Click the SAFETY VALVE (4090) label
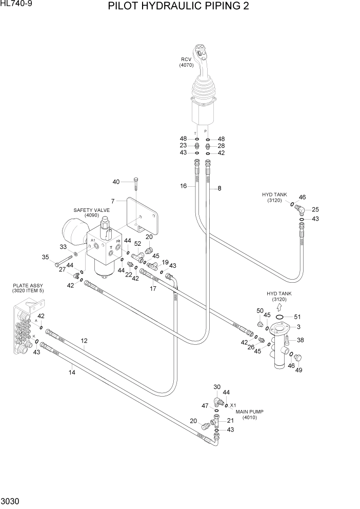(88, 212)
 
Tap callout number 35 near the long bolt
(45, 257)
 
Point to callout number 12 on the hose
(84, 340)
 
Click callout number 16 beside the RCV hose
(183, 186)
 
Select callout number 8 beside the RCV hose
(219, 188)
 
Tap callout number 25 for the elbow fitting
(315, 209)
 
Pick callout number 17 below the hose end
(153, 288)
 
